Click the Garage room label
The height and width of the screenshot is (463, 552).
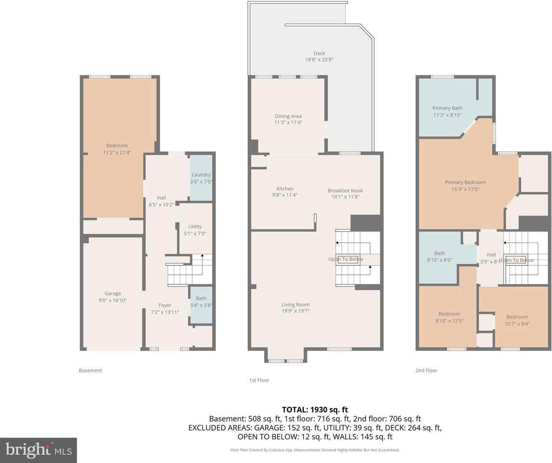coord(113,293)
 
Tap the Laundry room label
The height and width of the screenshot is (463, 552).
coord(201,175)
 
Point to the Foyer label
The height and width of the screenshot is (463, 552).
coord(165,305)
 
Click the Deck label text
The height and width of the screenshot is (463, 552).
coord(319,53)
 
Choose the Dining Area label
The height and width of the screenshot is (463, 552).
coord(288,116)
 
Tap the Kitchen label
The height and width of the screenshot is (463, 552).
coord(285,189)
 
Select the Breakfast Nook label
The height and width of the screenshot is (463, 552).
coord(345,191)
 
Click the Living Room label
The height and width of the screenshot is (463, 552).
coord(296,304)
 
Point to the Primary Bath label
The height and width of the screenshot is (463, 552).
coord(447,108)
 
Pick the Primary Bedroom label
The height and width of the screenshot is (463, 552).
coord(465,182)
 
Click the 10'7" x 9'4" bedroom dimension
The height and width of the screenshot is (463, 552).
coord(517,324)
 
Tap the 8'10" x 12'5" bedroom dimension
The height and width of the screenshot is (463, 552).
coord(449,321)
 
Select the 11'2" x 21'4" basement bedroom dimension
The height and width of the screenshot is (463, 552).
coord(117,152)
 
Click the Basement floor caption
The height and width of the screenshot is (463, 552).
coord(91,370)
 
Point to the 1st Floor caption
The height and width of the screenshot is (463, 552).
coord(259,380)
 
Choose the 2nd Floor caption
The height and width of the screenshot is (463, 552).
coord(426,370)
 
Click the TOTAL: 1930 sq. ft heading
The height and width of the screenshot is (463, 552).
coord(315,409)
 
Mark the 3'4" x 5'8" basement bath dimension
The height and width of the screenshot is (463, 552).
coord(201,305)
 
